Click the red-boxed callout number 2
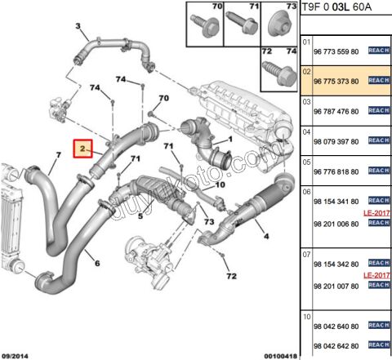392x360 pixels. [x=83, y=149]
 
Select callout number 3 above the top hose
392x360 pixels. [x=78, y=27]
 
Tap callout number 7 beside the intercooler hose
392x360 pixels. [x=58, y=154]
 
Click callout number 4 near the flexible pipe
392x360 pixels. [x=266, y=237]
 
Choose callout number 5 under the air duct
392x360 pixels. [x=140, y=216]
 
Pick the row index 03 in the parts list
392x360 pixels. [x=307, y=101]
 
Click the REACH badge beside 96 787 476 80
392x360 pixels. [x=378, y=111]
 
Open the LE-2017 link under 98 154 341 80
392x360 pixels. [x=373, y=211]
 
